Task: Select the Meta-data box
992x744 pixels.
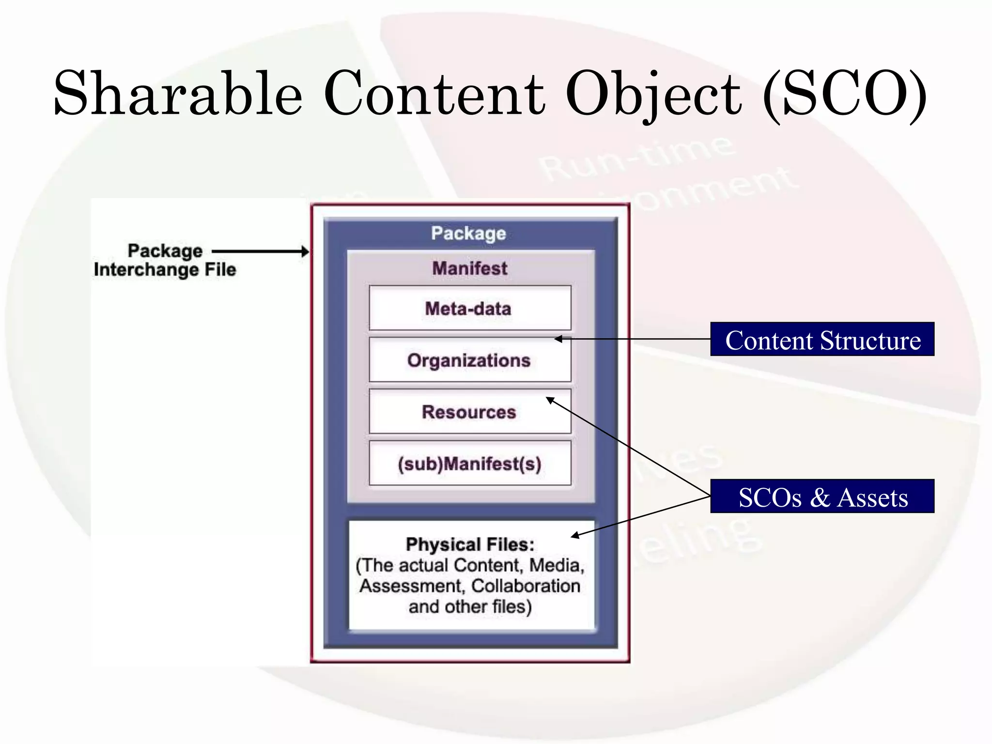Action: (x=469, y=309)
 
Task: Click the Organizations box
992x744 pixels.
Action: (x=469, y=360)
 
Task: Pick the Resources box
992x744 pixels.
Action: (x=469, y=412)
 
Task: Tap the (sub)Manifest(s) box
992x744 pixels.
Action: (x=469, y=464)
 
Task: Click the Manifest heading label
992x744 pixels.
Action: (x=469, y=268)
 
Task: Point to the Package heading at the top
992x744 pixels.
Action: (x=468, y=233)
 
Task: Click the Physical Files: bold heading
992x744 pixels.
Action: (x=470, y=544)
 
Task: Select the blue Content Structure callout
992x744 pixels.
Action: (x=822, y=340)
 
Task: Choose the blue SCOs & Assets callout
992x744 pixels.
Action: (x=822, y=497)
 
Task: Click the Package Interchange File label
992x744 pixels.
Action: (x=165, y=260)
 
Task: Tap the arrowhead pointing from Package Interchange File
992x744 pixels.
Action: (x=305, y=251)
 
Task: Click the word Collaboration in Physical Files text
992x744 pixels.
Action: (x=526, y=586)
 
